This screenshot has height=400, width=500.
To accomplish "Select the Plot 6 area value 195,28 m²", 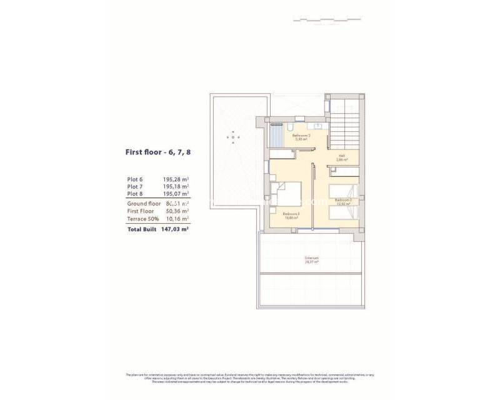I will click(176, 179).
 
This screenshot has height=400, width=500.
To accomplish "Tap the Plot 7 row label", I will click(135, 186).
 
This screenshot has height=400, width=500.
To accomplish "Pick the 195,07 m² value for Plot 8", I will click(176, 194).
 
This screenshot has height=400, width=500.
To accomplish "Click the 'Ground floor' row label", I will click(144, 204).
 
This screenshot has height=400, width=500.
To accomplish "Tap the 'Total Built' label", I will click(142, 229).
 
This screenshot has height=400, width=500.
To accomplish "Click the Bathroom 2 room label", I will click(301, 137).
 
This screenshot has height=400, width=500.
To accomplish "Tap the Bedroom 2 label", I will click(343, 201).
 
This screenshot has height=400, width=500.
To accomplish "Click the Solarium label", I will click(311, 260).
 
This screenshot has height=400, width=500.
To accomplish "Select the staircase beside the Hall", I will click(345, 125).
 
